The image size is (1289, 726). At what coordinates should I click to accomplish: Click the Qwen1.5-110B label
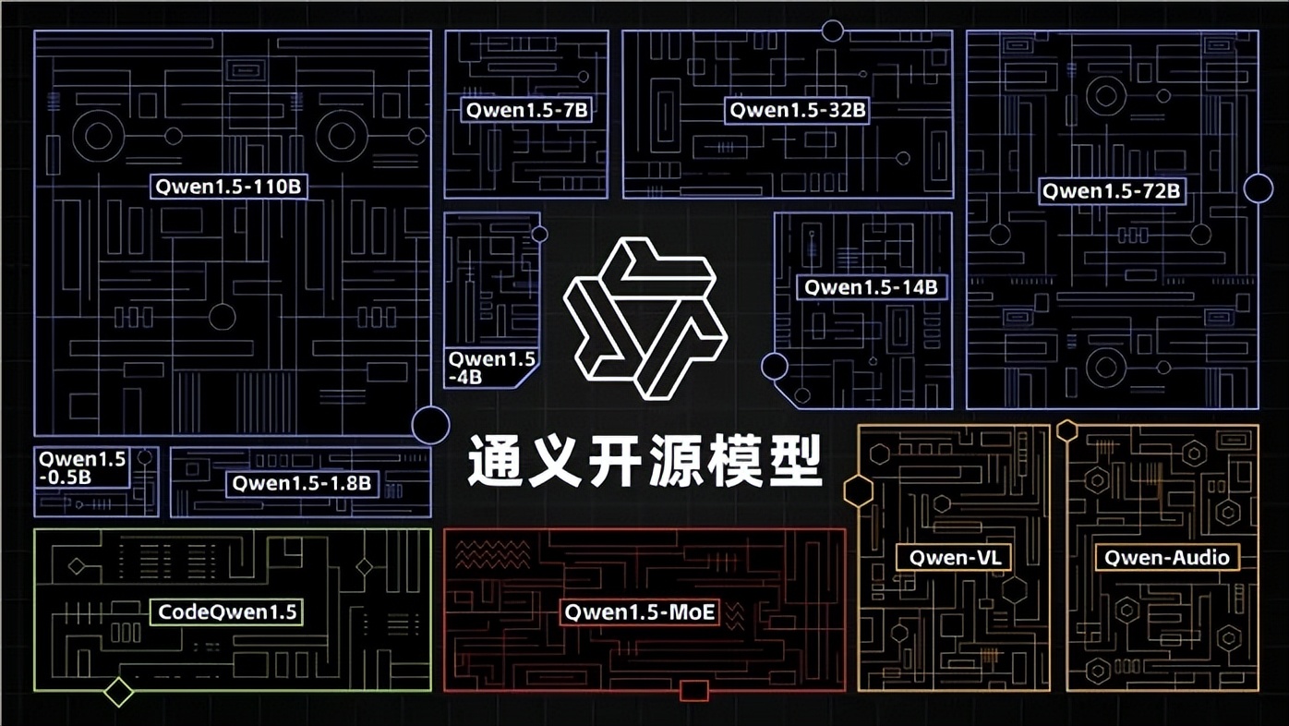click(228, 187)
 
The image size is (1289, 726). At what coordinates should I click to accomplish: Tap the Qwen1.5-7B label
click(526, 110)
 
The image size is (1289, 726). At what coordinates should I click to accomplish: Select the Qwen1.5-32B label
click(797, 110)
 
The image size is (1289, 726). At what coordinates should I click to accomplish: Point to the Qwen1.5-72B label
click(1113, 191)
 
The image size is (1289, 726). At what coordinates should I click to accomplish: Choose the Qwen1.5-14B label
click(872, 286)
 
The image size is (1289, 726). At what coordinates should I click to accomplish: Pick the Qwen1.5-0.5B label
click(81, 468)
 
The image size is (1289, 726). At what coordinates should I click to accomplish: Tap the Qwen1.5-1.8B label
click(302, 483)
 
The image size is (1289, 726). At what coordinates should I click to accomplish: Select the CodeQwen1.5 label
click(227, 611)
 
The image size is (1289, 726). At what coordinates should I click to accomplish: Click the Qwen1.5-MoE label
click(639, 611)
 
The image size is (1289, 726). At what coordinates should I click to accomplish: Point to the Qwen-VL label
click(954, 557)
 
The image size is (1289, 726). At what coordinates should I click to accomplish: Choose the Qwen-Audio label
click(1167, 557)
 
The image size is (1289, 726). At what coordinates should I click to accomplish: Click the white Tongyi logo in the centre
click(645, 319)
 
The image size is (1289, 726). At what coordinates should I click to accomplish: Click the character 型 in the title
click(796, 461)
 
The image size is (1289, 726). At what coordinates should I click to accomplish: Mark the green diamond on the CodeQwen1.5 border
click(118, 692)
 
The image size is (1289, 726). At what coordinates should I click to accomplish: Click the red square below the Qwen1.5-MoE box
click(694, 690)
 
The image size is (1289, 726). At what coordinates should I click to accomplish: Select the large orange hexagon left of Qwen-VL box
click(859, 491)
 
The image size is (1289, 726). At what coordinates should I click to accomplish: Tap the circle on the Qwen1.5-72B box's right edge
click(1259, 188)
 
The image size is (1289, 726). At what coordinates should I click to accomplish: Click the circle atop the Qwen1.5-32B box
click(833, 30)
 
